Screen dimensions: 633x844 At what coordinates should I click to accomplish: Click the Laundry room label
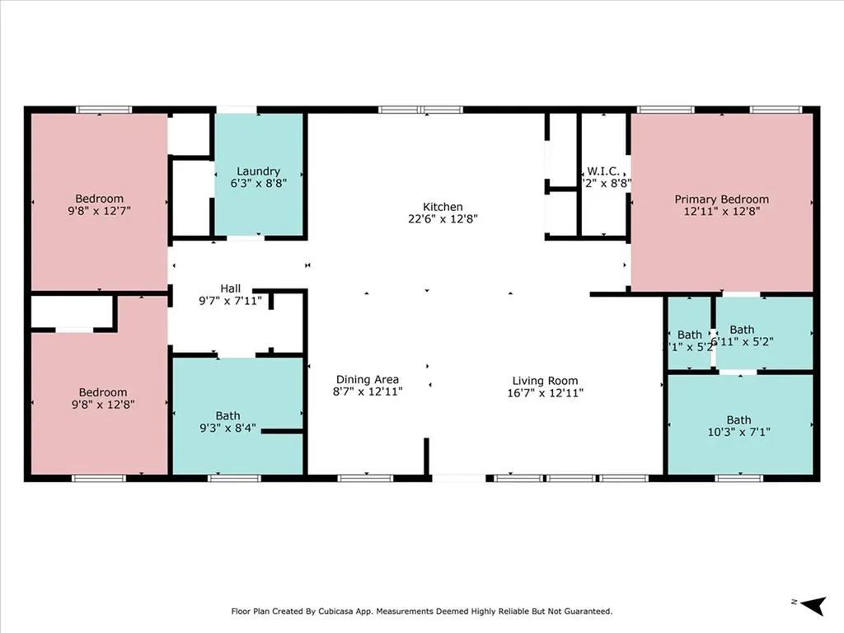coord(258,171)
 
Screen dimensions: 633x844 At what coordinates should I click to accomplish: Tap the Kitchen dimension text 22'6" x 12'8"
coord(443,219)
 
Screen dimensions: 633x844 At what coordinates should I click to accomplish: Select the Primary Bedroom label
coord(721,199)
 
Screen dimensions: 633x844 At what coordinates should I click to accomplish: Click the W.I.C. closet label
coord(603,171)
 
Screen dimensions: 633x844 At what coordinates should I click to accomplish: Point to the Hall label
coord(230,288)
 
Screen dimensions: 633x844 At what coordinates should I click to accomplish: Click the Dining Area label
coord(367,380)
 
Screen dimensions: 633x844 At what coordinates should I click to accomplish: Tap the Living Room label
coord(545,381)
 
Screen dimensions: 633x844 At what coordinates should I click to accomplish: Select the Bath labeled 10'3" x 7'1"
coord(738,420)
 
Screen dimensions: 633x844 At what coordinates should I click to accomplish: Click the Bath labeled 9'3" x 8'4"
coord(228,415)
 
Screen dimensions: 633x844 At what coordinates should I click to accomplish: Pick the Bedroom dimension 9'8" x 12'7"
coord(99,211)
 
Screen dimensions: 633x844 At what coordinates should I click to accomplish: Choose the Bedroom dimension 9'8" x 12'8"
coord(103,405)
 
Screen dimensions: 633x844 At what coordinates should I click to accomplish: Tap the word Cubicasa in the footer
coord(352,612)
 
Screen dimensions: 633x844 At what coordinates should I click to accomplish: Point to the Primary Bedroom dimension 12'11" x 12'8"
coord(721,212)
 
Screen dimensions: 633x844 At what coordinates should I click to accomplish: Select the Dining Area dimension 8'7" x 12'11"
coord(367,392)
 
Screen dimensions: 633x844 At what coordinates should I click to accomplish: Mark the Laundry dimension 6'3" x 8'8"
coord(258,185)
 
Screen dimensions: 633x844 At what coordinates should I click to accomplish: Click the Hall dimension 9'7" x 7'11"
coord(230,301)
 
